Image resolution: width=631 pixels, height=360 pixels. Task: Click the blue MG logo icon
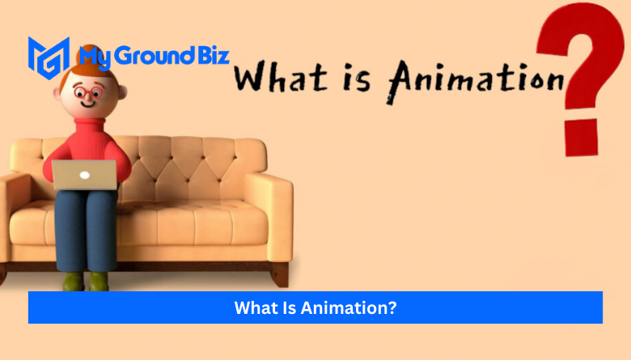pyautogui.click(x=49, y=57)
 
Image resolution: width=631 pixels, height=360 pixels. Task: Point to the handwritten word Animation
pyautogui.click(x=476, y=81)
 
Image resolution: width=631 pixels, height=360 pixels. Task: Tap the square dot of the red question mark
pyautogui.click(x=581, y=138)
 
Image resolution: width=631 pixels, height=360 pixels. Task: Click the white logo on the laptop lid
pyautogui.click(x=84, y=175)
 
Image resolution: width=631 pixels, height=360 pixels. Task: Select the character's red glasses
pyautogui.click(x=88, y=92)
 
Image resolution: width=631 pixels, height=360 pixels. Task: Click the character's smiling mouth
pyautogui.click(x=87, y=104)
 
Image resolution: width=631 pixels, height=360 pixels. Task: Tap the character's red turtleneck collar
pyautogui.click(x=89, y=124)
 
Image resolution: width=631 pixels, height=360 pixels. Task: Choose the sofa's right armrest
pyautogui.click(x=269, y=217)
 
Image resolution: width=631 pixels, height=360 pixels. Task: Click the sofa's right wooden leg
pyautogui.click(x=280, y=275)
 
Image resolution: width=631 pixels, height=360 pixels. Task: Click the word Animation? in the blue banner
pyautogui.click(x=349, y=307)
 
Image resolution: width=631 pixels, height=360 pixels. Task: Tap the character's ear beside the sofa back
pyautogui.click(x=122, y=92)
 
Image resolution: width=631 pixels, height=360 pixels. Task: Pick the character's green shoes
pyautogui.click(x=86, y=281)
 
